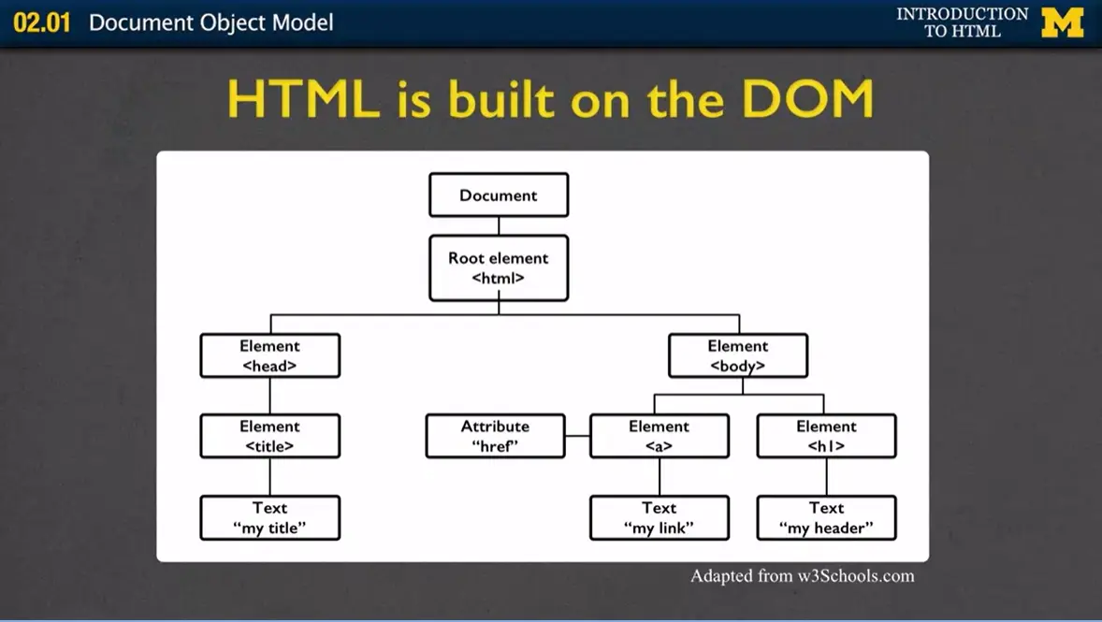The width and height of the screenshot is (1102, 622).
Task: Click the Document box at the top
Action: [x=499, y=195]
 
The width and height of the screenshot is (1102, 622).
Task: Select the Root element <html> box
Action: [x=499, y=268]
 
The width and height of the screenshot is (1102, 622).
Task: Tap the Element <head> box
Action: [x=269, y=355]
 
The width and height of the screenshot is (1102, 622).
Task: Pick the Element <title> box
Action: [x=269, y=436]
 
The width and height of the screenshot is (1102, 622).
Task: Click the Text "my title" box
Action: [x=269, y=517]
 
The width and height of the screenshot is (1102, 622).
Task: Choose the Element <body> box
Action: [x=737, y=355]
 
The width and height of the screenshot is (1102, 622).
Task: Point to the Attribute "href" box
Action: [x=495, y=436]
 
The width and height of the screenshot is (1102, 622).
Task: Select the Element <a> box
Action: [x=659, y=436]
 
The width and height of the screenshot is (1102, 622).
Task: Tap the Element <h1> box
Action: [x=826, y=436]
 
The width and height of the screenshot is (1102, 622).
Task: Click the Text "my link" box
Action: [x=659, y=517]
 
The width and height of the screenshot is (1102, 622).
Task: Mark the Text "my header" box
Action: [x=826, y=517]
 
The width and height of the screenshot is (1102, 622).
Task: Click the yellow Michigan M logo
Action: [x=1063, y=22]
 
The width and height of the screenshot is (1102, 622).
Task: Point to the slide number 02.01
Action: [x=41, y=22]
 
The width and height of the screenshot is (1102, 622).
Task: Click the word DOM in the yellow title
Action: [x=807, y=99]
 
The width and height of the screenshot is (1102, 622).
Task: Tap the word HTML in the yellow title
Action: [x=303, y=99]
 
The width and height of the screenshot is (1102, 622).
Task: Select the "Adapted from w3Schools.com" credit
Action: [x=802, y=576]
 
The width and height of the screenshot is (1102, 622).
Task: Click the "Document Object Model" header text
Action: [x=210, y=22]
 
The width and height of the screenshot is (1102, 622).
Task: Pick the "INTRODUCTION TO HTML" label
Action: [x=962, y=22]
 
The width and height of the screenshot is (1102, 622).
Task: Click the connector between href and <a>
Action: [x=577, y=436]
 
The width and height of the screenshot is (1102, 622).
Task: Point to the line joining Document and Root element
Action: [x=499, y=225]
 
